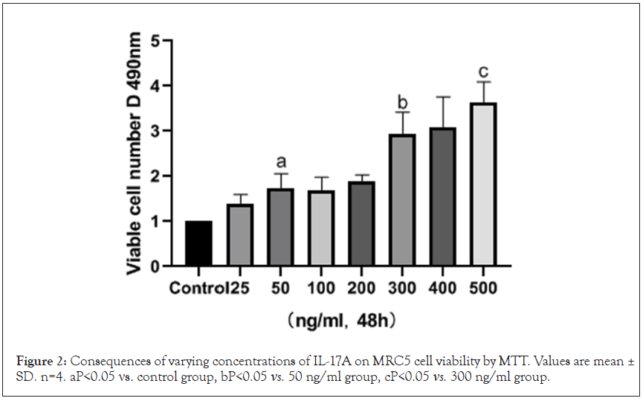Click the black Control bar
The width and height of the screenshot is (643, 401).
198,243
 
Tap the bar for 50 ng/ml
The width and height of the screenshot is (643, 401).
280,227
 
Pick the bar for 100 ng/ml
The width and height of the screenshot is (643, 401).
320,228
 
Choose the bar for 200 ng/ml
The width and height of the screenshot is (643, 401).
361,224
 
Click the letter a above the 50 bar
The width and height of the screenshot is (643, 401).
280,161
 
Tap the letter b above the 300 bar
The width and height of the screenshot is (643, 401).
402,101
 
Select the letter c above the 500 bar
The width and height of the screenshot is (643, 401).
483,71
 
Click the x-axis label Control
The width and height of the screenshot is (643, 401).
197,287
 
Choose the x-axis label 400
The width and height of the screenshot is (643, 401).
442,287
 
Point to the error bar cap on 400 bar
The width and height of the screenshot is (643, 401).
442,97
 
